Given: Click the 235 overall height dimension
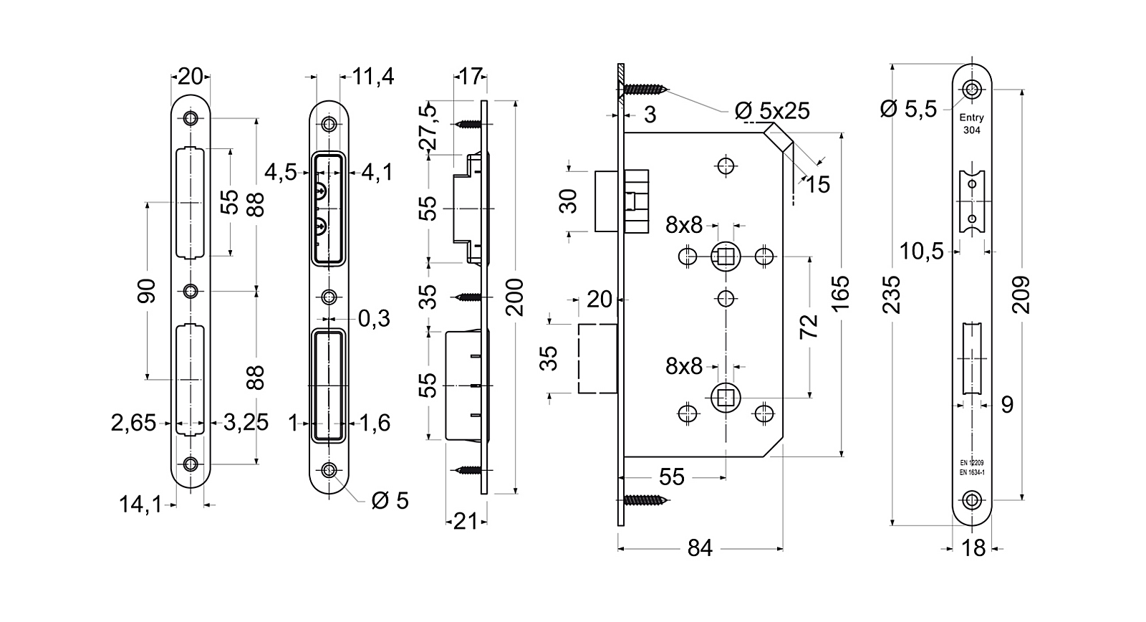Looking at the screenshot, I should pyautogui.click(x=892, y=294).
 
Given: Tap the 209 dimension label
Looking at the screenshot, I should pyautogui.click(x=1023, y=294).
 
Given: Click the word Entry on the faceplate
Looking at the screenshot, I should pyautogui.click(x=972, y=118).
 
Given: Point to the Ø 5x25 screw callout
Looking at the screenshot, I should pyautogui.click(x=772, y=110).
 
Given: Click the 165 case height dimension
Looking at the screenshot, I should pyautogui.click(x=841, y=292).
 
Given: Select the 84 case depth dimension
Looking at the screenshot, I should pyautogui.click(x=700, y=548).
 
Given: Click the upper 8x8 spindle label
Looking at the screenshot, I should pyautogui.click(x=683, y=226).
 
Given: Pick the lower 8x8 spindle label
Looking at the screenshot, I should pyautogui.click(x=683, y=367).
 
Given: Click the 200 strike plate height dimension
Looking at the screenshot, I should pyautogui.click(x=516, y=297).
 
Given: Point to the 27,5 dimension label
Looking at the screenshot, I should pyautogui.click(x=428, y=127).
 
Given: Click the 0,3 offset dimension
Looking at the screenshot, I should pyautogui.click(x=374, y=318).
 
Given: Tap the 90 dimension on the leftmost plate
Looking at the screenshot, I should pyautogui.click(x=147, y=291).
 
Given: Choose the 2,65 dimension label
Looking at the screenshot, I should pyautogui.click(x=133, y=423).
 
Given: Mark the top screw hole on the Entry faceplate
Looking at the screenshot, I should pyautogui.click(x=971, y=90).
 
